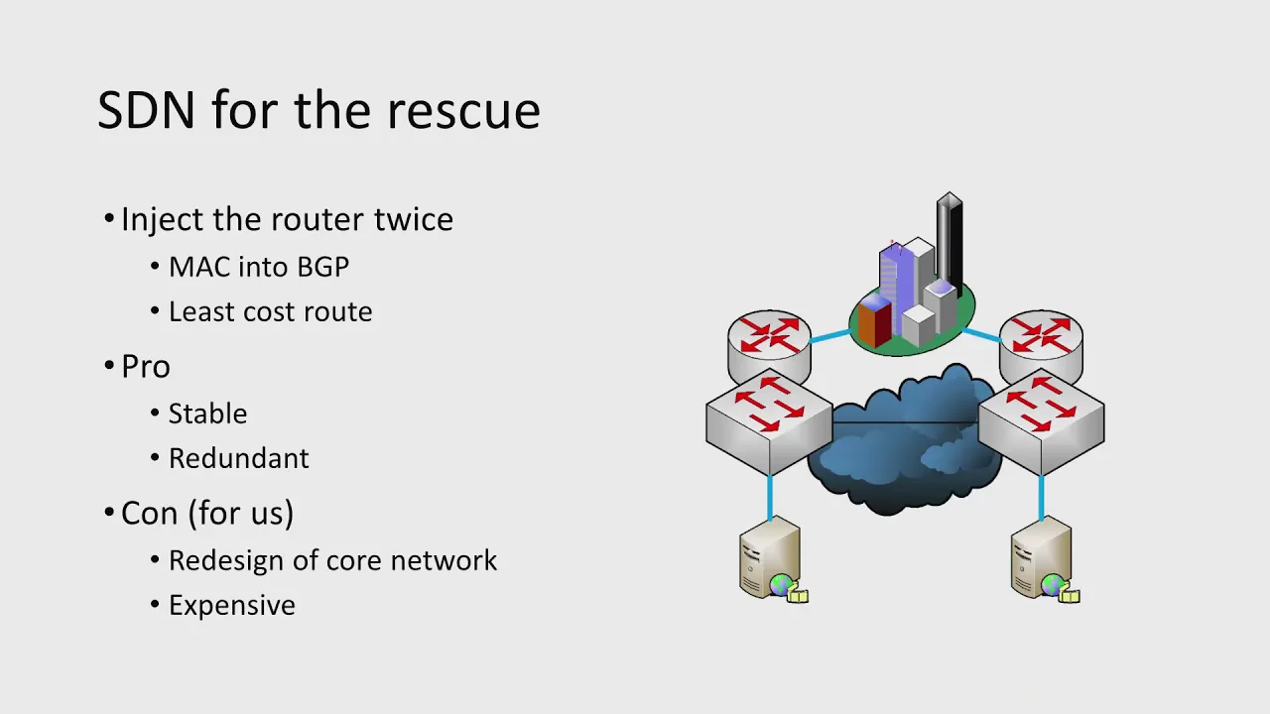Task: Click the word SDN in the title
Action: point(146,109)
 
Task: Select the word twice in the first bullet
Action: point(414,219)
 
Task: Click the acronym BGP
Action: point(322,267)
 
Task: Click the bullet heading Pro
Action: point(146,366)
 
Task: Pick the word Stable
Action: point(207,414)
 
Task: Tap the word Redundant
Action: point(239,458)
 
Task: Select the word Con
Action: point(149,513)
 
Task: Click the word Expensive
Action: point(232,605)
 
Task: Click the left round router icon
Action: point(769,346)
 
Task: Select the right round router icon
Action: point(1041,346)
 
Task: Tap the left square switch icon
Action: point(769,421)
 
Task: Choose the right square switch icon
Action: point(1042,421)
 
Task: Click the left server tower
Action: point(770,557)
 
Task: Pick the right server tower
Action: point(1042,557)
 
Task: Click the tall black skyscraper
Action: point(950,244)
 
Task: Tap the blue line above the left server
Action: point(770,497)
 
